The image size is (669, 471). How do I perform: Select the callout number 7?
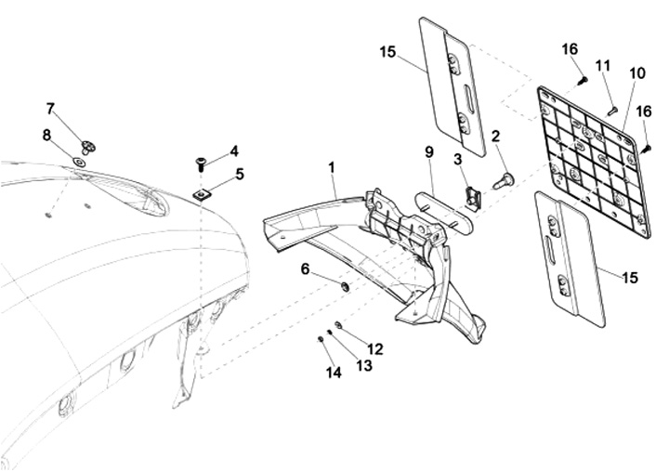pyautogui.click(x=50, y=109)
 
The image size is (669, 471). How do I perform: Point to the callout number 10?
pyautogui.click(x=636, y=72)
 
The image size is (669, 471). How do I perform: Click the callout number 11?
pyautogui.click(x=603, y=66)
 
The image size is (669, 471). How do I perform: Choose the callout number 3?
pyautogui.click(x=458, y=160)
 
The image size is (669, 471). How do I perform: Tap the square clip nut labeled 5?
pyautogui.click(x=201, y=193)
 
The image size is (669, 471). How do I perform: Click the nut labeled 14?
pyautogui.click(x=321, y=339)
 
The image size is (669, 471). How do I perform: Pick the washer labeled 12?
pyautogui.click(x=339, y=325)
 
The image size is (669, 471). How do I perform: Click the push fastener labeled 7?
pyautogui.click(x=89, y=145)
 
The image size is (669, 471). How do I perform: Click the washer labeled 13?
pyautogui.click(x=330, y=333)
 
